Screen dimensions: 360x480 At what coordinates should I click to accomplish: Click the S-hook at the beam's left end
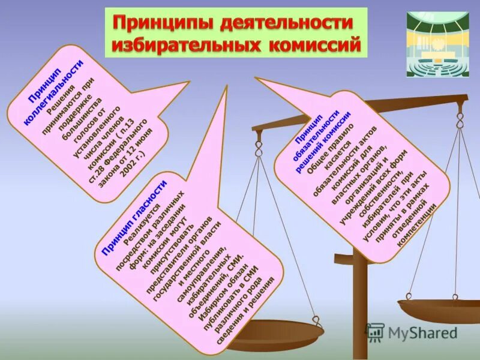(x=259, y=144)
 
